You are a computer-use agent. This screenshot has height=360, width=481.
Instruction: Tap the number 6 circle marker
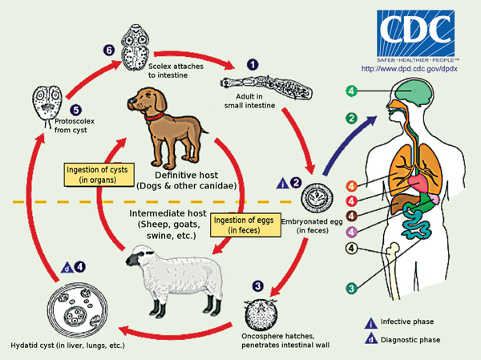click(108, 50)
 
